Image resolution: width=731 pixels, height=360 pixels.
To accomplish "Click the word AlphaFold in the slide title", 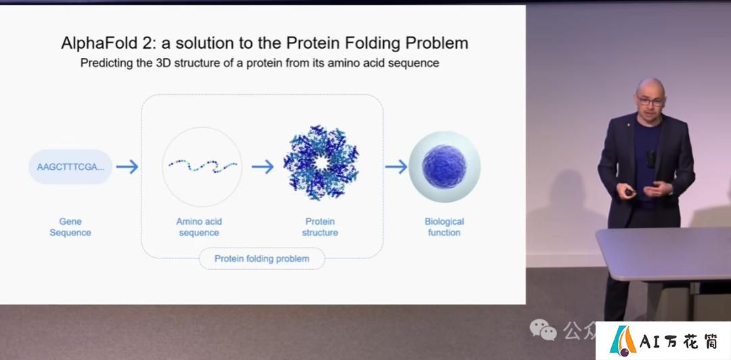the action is (x=95, y=43).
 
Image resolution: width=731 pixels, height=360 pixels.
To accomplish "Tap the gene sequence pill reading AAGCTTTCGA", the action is (x=70, y=167).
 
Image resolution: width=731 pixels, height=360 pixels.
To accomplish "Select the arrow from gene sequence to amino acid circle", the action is (x=127, y=167).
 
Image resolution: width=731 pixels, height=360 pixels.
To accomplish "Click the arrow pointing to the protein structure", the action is (x=263, y=167).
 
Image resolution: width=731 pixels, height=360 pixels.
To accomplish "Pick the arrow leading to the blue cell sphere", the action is (x=396, y=166).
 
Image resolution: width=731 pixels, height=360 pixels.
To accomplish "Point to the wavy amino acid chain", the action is (x=203, y=166).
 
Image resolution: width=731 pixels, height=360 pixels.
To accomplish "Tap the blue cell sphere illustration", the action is (x=444, y=166).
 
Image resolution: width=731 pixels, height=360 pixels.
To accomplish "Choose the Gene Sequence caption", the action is (x=70, y=227).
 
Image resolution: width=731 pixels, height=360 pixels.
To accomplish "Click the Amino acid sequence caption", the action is (x=199, y=227).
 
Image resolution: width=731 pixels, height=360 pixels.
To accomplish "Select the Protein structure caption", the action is (x=319, y=227).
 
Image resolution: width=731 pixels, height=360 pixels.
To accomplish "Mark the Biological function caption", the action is (x=444, y=227).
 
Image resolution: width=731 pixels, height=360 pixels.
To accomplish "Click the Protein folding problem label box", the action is (x=262, y=258).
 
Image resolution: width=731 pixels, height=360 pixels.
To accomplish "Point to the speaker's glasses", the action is (x=651, y=101).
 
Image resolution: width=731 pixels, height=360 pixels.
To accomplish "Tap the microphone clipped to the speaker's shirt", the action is (x=651, y=159).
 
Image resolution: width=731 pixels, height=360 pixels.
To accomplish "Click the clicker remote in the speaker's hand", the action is (x=629, y=192).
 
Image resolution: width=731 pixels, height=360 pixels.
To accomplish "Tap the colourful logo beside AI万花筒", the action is (x=623, y=340).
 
